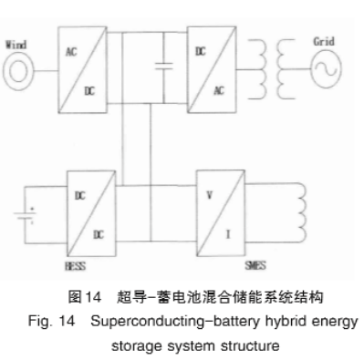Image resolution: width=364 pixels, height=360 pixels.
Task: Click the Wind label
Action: [x=16, y=45]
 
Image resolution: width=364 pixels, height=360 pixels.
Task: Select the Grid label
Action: [x=324, y=41]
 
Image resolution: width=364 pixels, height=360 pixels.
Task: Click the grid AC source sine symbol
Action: [x=326, y=69]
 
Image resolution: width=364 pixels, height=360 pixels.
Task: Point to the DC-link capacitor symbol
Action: [x=164, y=67]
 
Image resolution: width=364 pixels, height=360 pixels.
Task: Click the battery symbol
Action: [x=25, y=215]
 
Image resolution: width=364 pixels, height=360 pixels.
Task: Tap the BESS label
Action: [x=76, y=266]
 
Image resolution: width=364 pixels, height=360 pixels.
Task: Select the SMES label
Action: [x=255, y=265]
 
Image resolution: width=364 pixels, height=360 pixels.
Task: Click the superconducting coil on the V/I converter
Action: [x=302, y=212]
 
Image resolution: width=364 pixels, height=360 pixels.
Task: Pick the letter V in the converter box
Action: [x=209, y=195]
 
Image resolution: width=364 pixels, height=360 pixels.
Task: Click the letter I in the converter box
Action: [x=228, y=234]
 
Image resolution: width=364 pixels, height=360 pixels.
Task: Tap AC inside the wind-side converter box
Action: [x=71, y=52]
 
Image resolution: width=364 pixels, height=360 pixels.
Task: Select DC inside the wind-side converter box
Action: [x=89, y=91]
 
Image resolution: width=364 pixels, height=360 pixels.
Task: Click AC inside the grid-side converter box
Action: [x=219, y=90]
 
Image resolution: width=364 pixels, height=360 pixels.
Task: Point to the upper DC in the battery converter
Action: [x=80, y=196]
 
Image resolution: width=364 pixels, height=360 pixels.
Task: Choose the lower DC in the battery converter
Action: [x=99, y=234]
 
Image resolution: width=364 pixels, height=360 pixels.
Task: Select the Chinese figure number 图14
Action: [x=84, y=296]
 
